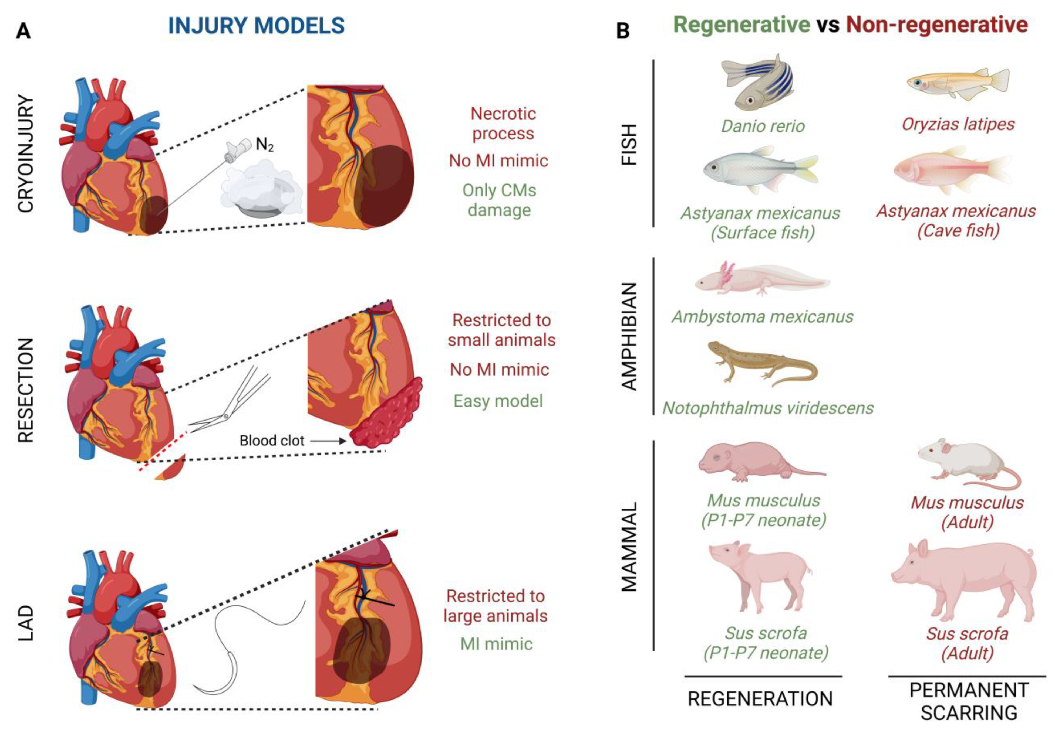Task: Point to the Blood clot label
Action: point(272,441)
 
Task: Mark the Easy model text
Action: point(498,401)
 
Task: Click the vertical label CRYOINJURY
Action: point(26,154)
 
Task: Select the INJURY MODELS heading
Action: point(256,26)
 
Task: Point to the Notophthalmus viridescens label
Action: point(768,408)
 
